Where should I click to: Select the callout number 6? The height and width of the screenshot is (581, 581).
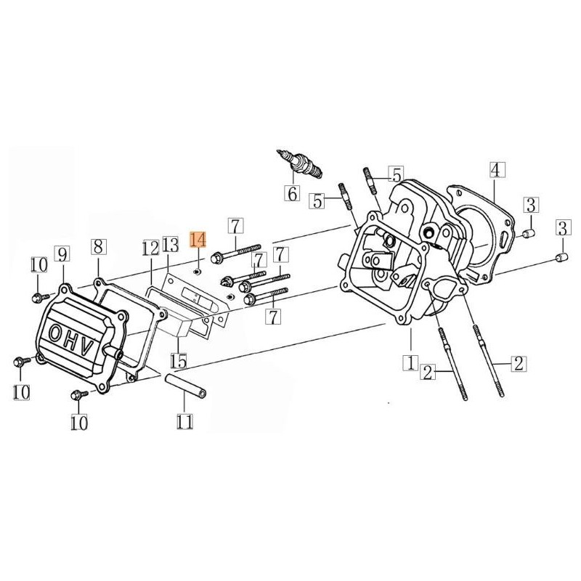[x=292, y=194]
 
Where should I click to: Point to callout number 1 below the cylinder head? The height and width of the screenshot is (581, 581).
[x=410, y=361]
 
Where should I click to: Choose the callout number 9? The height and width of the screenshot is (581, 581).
[x=63, y=254]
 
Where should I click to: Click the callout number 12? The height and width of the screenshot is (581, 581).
[x=150, y=248]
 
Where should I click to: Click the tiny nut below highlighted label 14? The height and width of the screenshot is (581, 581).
[x=198, y=272]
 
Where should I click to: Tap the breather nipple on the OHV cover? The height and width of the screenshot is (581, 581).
[x=116, y=352]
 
